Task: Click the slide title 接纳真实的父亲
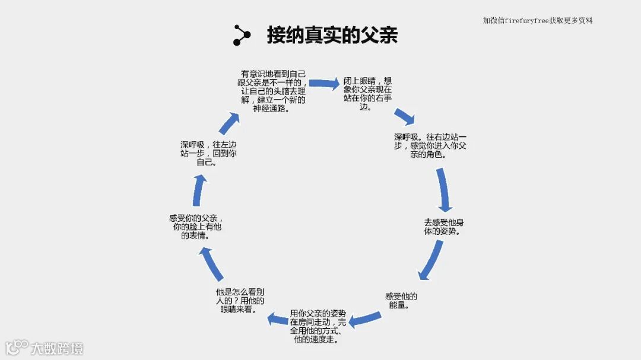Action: click(x=332, y=35)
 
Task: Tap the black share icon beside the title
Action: click(x=242, y=35)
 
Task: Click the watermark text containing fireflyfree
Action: click(x=538, y=20)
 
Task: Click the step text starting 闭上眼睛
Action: click(x=367, y=94)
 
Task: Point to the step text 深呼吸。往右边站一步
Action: click(x=430, y=145)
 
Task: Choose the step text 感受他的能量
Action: click(x=401, y=301)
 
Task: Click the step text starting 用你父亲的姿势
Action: click(x=318, y=326)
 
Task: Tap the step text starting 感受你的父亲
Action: click(x=196, y=227)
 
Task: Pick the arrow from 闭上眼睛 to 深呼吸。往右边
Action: click(x=404, y=116)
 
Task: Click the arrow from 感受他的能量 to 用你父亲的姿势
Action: click(x=364, y=320)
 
